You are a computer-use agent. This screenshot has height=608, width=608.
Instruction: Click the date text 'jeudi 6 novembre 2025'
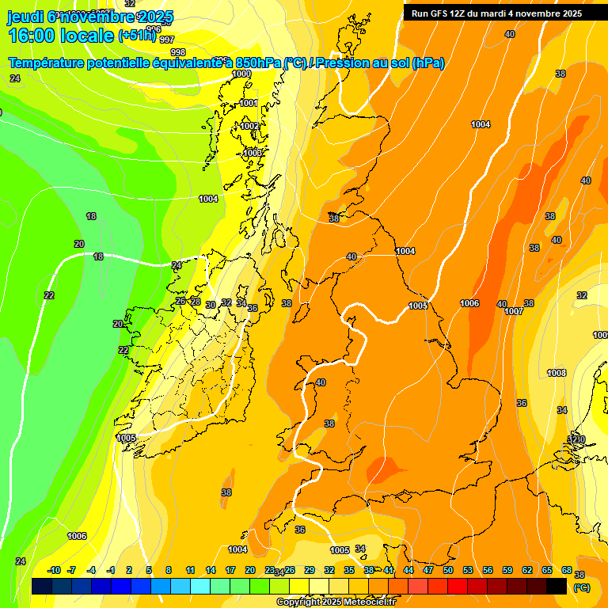89,16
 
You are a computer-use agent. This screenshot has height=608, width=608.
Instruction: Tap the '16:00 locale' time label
60,36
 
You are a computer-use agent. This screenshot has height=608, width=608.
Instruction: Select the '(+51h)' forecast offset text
136,35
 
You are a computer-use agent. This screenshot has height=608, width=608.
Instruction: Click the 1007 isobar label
514,311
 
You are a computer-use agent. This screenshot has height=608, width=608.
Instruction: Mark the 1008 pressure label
557,373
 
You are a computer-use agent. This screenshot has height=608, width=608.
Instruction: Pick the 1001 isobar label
249,103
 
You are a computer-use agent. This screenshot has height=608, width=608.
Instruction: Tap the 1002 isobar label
250,126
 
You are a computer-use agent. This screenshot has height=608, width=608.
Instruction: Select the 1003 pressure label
253,153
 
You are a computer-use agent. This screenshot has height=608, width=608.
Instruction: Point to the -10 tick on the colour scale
54,570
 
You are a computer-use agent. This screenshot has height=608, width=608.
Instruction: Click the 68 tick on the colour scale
567,570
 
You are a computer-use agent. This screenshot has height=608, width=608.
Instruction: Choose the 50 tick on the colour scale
448,570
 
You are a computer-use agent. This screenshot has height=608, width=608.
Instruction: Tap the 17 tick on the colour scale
230,570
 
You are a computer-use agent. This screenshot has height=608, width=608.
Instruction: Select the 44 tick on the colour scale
408,570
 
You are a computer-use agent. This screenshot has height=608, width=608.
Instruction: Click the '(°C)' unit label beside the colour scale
582,587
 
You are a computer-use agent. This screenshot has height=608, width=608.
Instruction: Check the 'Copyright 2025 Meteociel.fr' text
336,602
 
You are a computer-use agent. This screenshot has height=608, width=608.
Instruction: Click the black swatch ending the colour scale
557,586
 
